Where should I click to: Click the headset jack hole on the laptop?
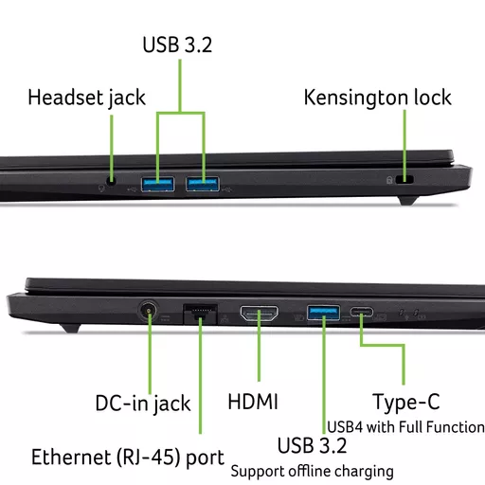(111, 181)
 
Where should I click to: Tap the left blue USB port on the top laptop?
(157, 184)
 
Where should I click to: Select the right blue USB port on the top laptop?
(203, 184)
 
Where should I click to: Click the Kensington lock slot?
(404, 179)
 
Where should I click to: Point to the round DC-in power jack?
(149, 311)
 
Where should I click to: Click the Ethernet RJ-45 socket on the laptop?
(200, 314)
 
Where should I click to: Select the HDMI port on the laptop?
(259, 314)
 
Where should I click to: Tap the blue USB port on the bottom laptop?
(323, 313)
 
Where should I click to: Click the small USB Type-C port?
(361, 313)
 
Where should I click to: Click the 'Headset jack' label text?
(86, 98)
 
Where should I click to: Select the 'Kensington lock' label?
(377, 98)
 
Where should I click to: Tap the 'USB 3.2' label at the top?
(177, 45)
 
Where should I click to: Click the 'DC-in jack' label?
(143, 404)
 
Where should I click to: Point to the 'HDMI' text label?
(253, 402)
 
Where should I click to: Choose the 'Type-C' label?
(406, 403)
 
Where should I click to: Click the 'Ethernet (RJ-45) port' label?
(128, 458)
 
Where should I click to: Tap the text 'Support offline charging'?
(312, 472)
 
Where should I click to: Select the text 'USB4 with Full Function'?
(405, 427)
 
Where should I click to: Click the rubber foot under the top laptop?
(408, 201)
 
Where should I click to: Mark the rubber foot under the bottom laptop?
(71, 329)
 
